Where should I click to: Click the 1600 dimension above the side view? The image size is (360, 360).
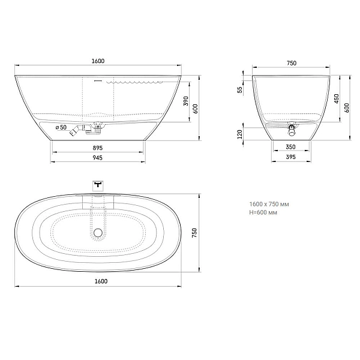pyautogui.click(x=98, y=61)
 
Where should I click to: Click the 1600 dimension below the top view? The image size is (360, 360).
pyautogui.click(x=101, y=281)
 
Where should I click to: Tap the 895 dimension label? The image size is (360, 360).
pyautogui.click(x=98, y=148)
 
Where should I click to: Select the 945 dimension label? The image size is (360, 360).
pyautogui.click(x=98, y=158)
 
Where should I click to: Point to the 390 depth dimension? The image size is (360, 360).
pyautogui.click(x=186, y=101)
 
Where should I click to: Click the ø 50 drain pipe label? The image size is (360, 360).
pyautogui.click(x=61, y=127)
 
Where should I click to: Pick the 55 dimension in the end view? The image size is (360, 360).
pyautogui.click(x=239, y=89)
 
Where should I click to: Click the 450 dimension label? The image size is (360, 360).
pyautogui.click(x=337, y=98)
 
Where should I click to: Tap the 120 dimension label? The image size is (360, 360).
pyautogui.click(x=239, y=134)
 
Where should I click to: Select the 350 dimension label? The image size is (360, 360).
pyautogui.click(x=290, y=147)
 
